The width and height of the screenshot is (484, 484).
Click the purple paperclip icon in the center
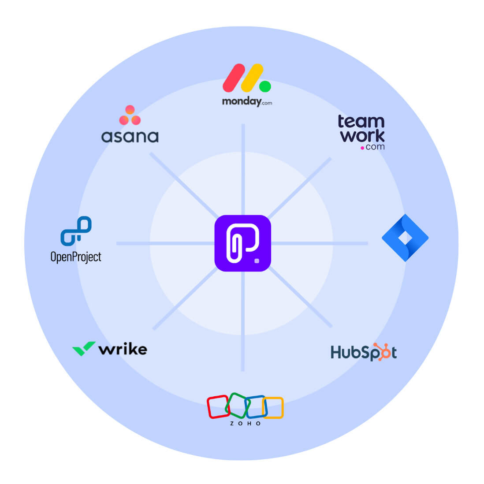(x=242, y=243)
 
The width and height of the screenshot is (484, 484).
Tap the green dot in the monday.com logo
(x=265, y=86)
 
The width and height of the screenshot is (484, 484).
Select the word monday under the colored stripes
(x=242, y=101)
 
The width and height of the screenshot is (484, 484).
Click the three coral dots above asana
(x=130, y=115)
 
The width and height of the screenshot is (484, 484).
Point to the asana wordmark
(x=130, y=137)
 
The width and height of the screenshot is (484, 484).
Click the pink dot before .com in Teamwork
(x=362, y=148)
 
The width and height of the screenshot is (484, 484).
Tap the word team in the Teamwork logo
(x=361, y=121)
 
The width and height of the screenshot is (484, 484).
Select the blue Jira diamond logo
(x=405, y=238)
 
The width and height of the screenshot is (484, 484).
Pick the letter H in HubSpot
(x=336, y=353)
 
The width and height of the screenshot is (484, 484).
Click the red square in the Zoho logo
(x=217, y=406)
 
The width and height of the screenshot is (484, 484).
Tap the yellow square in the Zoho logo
(x=274, y=408)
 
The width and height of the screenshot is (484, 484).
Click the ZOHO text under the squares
(x=245, y=424)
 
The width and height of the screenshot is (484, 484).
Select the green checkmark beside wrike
(x=83, y=348)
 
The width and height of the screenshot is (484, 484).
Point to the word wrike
(x=123, y=349)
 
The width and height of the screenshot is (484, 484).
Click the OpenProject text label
(x=76, y=257)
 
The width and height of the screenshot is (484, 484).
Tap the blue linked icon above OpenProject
(x=76, y=231)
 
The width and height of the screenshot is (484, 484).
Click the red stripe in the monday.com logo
(x=234, y=78)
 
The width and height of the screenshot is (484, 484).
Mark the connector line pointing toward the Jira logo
(x=320, y=243)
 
